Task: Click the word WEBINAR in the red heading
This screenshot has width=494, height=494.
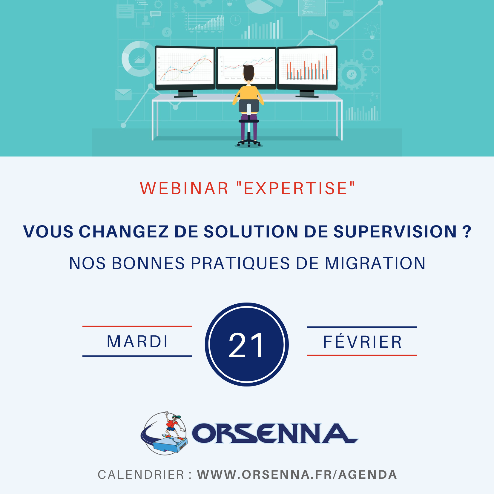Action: pos(184,188)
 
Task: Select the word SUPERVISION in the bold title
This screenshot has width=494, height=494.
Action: pos(395,232)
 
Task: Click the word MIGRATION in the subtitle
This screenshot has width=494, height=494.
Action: pos(375,263)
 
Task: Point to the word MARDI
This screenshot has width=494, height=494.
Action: pos(138,342)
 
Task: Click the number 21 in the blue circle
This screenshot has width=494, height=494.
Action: pos(246,346)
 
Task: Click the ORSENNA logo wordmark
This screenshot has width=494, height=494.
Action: pos(275,433)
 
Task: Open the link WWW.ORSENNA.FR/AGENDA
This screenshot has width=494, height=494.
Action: pos(297,475)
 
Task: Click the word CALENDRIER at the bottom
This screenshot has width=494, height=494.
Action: pos(141,475)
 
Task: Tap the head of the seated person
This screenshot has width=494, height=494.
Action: pos(248,73)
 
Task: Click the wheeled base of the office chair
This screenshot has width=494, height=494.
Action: pos(248,143)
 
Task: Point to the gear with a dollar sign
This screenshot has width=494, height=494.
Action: pos(352,75)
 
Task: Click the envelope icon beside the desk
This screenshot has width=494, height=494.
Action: pos(123,94)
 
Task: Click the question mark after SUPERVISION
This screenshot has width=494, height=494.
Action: pos(466,232)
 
